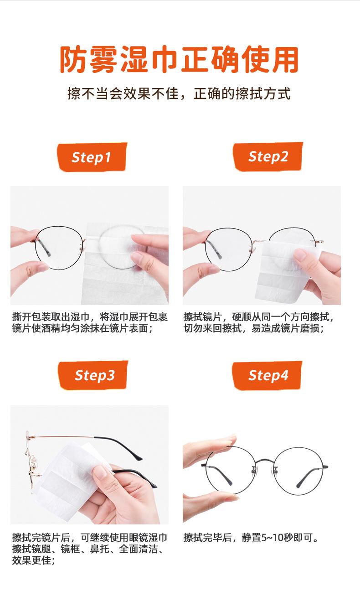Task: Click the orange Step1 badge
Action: pos(92,157)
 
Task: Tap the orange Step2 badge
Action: pos(268,156)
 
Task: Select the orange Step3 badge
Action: pos(94,375)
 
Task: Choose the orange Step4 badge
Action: pos(268,375)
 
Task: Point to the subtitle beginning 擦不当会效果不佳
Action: pos(179,94)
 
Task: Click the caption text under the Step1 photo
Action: pos(89,322)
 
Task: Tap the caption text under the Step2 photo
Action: pos(262,322)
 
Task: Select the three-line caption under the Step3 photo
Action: pos(89,549)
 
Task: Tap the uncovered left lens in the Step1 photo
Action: pos(60,249)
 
